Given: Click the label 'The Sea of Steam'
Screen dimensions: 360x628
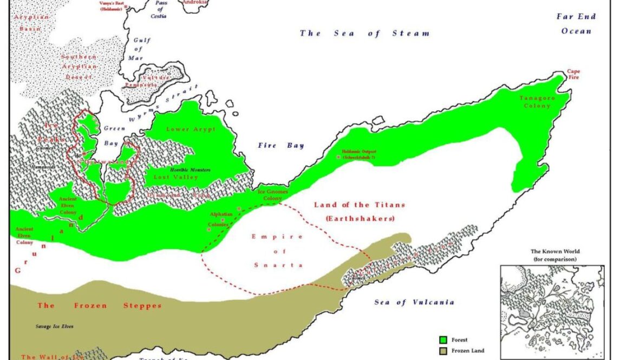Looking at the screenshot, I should (365, 34).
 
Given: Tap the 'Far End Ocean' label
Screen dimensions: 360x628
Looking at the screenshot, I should (576, 24).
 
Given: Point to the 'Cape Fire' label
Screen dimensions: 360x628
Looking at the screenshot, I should (572, 74).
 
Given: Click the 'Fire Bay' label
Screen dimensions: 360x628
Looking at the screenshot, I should (280, 146).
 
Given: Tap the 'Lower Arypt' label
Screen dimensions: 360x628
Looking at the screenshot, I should (191, 129).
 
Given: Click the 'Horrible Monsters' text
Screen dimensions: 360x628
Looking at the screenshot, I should (190, 169).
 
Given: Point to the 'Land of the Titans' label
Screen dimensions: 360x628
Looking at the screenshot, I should (359, 205).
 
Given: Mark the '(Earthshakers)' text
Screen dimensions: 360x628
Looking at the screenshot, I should (359, 219).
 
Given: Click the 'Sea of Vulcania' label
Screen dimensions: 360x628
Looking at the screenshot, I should (414, 302).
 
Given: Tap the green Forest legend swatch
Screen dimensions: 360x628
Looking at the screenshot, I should (444, 340).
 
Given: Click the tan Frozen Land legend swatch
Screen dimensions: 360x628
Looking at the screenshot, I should (444, 351).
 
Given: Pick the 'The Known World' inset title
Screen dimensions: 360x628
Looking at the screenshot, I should (555, 252).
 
